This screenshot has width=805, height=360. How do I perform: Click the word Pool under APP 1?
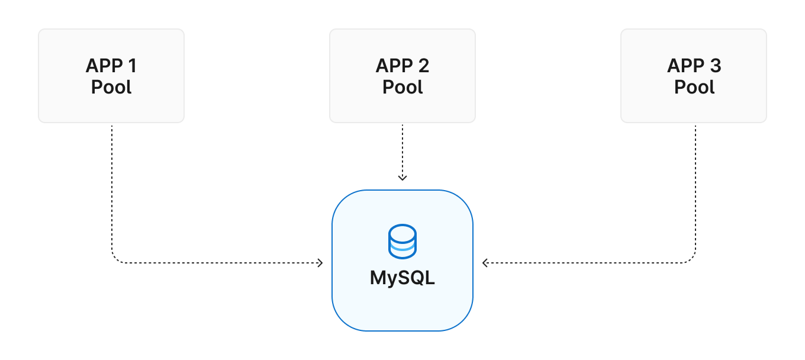click(x=111, y=87)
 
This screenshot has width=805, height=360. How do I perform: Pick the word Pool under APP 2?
click(x=402, y=87)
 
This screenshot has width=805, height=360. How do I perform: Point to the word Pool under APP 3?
click(x=694, y=87)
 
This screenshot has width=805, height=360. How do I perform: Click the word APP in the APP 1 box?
click(x=105, y=66)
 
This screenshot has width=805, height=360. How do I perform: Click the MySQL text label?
click(x=402, y=278)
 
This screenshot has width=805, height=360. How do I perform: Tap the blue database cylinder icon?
click(x=402, y=242)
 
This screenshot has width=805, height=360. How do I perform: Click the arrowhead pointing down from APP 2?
click(x=402, y=177)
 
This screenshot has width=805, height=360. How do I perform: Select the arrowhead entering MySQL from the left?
click(x=320, y=263)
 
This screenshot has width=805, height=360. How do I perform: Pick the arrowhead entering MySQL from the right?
click(x=485, y=263)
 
